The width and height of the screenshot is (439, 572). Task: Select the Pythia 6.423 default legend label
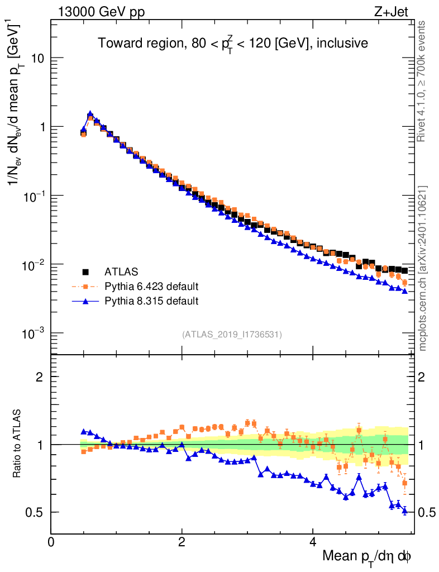151,287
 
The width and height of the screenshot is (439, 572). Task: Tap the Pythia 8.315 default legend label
151,302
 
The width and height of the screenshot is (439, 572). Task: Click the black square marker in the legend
86,272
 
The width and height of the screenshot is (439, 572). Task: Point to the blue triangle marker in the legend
86,302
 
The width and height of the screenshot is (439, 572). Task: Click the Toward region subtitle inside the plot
233,44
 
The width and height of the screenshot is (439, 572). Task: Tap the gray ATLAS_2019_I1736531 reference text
232,335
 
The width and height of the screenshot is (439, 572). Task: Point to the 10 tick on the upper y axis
39,58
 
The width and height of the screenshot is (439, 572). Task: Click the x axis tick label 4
313,542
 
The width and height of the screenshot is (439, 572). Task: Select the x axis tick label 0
51,542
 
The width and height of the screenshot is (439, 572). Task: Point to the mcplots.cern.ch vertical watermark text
423,268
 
